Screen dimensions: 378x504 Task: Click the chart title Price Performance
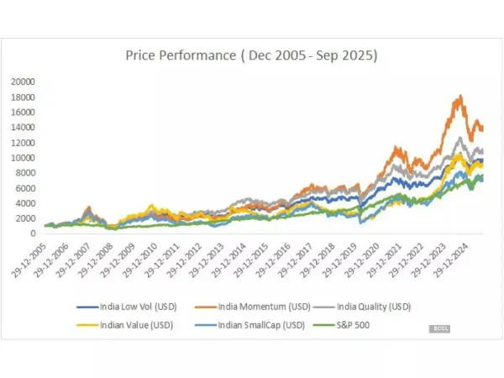(251, 56)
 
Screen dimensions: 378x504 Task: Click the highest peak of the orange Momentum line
(458, 97)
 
